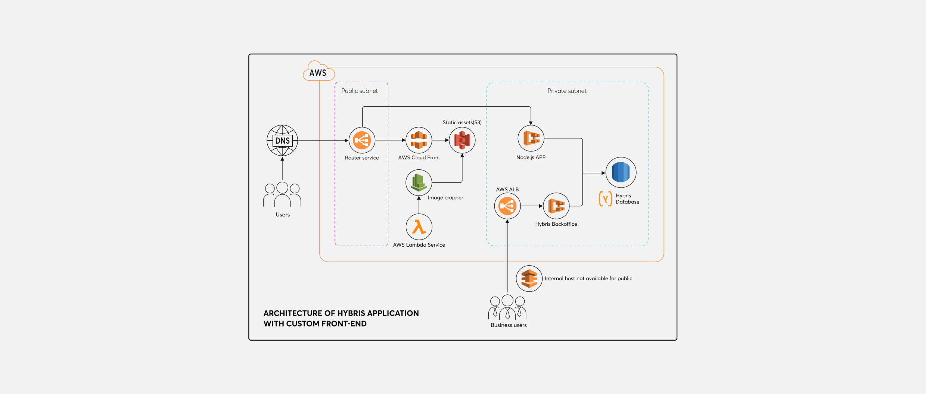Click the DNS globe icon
click(282, 141)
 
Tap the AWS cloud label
click(318, 72)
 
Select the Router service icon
click(362, 140)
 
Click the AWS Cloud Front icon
click(419, 140)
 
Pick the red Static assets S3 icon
click(462, 140)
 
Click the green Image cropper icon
click(419, 182)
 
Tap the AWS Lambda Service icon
click(419, 227)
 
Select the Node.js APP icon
click(531, 138)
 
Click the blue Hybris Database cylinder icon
click(621, 172)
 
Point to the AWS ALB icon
click(507, 206)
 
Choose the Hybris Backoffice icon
click(556, 206)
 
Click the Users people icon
click(282, 195)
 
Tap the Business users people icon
click(507, 307)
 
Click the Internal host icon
click(529, 279)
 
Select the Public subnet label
click(360, 91)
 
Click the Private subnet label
click(567, 91)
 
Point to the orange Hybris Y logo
click(605, 199)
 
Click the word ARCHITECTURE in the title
click(292, 313)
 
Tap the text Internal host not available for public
click(588, 279)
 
